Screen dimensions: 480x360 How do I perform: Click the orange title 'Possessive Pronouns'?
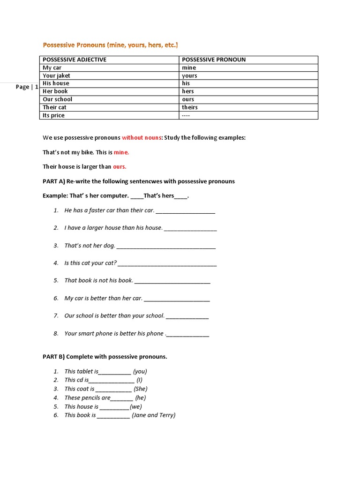[74, 45]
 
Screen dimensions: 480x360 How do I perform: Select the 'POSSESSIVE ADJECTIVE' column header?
[75, 60]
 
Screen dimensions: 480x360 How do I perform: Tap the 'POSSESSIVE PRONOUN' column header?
[213, 60]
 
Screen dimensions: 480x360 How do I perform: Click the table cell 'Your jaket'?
[56, 75]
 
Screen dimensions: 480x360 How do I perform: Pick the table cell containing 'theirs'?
[190, 107]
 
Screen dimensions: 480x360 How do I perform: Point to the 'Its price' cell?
[54, 115]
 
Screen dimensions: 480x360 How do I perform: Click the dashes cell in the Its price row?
[186, 115]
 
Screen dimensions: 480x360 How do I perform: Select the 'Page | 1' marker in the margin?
[27, 87]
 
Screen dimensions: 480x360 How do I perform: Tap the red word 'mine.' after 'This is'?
[121, 152]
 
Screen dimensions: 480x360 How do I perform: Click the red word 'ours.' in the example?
[120, 166]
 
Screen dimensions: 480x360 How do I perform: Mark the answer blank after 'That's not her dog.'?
[166, 246]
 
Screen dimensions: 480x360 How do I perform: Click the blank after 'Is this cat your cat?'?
[167, 264]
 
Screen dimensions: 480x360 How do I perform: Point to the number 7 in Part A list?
[56, 315]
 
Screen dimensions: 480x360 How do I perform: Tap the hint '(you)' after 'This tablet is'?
[140, 371]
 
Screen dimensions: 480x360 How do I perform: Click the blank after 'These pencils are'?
[122, 398]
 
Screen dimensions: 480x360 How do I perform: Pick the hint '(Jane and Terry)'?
[154, 415]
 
